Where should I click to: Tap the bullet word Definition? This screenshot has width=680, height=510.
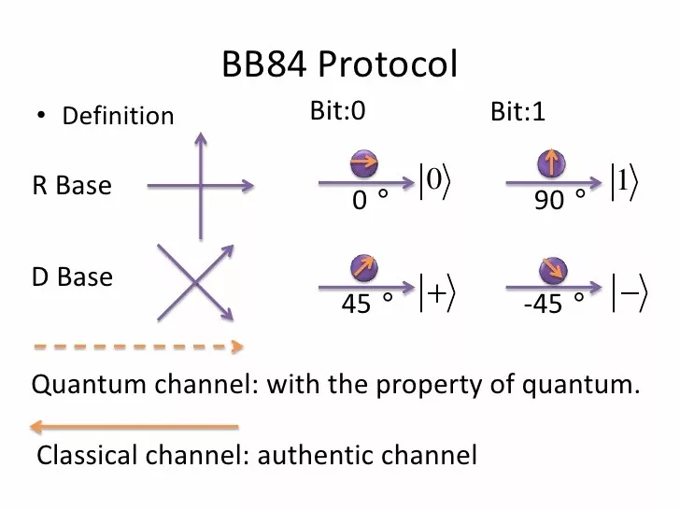(118, 116)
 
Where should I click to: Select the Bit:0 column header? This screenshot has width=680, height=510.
(337, 111)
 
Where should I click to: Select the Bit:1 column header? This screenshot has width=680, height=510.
(517, 113)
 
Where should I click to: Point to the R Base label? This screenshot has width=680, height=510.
(72, 185)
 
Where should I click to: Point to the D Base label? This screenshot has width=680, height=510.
(72, 277)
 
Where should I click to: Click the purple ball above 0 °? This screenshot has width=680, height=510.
(364, 164)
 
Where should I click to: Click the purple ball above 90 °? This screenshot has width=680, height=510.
(551, 164)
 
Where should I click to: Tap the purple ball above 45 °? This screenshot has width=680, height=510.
(364, 268)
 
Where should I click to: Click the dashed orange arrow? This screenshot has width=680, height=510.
(137, 347)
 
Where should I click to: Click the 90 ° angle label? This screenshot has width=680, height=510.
(560, 200)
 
